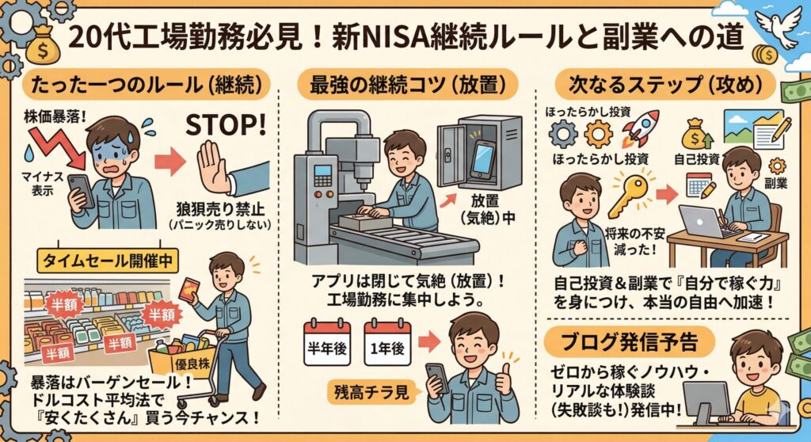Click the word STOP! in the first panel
[226, 125]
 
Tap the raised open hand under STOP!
[213, 167]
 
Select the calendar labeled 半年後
[327, 344]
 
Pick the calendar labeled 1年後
[387, 344]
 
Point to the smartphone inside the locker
[481, 158]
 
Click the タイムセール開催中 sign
[108, 261]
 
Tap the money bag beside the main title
[43, 45]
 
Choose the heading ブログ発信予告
[630, 341]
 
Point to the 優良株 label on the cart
[192, 364]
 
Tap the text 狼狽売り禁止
[220, 210]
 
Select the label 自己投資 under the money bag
[696, 159]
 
